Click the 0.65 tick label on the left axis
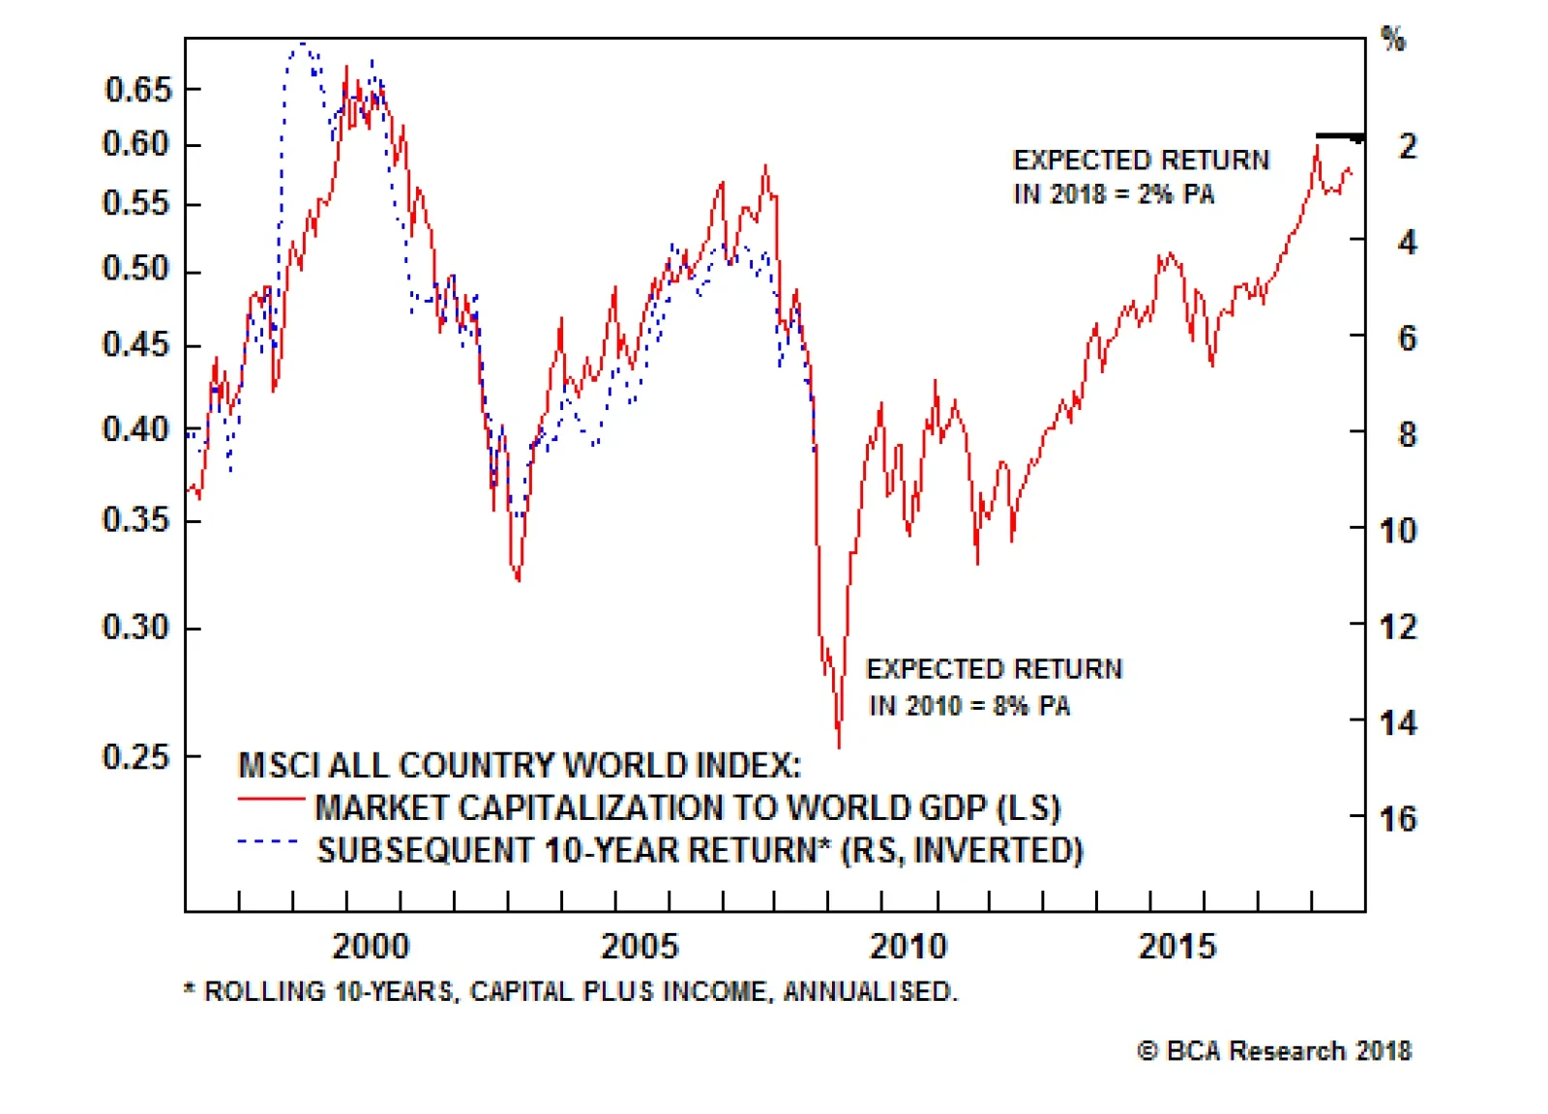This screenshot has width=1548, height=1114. click(137, 90)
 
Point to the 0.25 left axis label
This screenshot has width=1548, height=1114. click(135, 756)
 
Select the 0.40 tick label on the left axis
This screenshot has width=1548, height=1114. click(135, 428)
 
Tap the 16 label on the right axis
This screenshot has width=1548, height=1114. click(1398, 819)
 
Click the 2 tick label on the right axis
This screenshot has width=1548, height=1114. click(1408, 146)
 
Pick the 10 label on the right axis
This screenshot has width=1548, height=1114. click(1398, 530)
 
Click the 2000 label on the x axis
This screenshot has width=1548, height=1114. click(371, 946)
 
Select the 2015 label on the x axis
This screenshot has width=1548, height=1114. click(1176, 946)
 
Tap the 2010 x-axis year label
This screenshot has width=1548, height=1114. click(908, 946)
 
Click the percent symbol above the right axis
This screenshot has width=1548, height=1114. click(1393, 40)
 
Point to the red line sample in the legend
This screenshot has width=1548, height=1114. click(270, 799)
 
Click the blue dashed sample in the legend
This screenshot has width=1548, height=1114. click(268, 842)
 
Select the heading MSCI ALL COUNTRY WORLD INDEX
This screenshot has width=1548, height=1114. click(520, 765)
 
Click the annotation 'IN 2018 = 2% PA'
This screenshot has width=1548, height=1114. click(1114, 194)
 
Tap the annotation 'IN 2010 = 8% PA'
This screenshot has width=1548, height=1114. click(969, 706)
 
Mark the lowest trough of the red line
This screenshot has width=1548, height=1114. click(839, 746)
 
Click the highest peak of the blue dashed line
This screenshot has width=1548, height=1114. click(303, 44)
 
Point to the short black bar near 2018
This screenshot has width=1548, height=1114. click(1339, 136)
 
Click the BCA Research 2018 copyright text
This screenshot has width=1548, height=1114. click(1274, 1051)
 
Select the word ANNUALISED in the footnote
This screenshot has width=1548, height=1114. click(870, 992)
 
